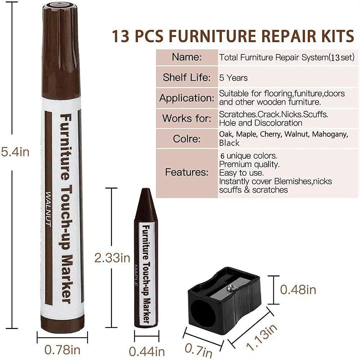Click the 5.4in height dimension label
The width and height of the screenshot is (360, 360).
15,152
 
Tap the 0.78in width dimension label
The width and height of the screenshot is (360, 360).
62,349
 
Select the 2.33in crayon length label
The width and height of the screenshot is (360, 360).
112,258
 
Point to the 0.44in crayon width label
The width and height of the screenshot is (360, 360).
147,351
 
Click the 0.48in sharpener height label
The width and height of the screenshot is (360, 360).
298,289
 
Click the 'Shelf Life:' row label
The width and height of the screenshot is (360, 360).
186,77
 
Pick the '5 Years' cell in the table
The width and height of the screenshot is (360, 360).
233,78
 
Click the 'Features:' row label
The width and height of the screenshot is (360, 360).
186,172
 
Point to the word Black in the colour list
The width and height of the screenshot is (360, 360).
229,143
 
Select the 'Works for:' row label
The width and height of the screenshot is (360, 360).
186,118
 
